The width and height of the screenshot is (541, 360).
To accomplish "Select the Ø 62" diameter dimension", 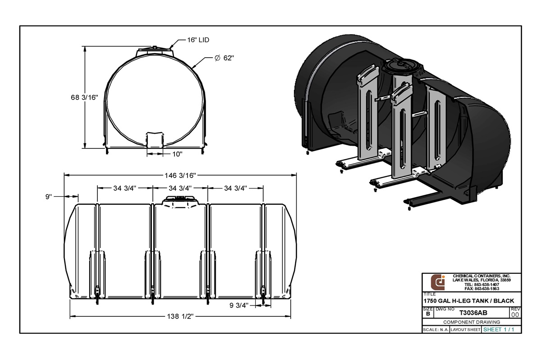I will pyautogui.click(x=224, y=58).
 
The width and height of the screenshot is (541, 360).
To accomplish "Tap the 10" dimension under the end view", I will pyautogui.click(x=177, y=154).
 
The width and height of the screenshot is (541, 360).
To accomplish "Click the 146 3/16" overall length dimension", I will pyautogui.click(x=180, y=175).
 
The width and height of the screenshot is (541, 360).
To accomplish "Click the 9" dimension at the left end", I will pyautogui.click(x=49, y=196).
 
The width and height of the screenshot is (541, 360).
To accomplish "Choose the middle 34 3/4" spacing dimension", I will pyautogui.click(x=180, y=188).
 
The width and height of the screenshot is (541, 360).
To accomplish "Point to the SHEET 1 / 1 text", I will pyautogui.click(x=498, y=330).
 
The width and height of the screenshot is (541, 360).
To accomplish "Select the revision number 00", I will pyautogui.click(x=515, y=314).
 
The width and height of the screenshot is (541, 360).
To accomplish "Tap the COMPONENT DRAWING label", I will pyautogui.click(x=472, y=322).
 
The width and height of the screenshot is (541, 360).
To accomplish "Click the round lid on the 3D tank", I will pyautogui.click(x=403, y=66).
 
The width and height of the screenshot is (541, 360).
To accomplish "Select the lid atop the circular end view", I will pyautogui.click(x=155, y=50).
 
